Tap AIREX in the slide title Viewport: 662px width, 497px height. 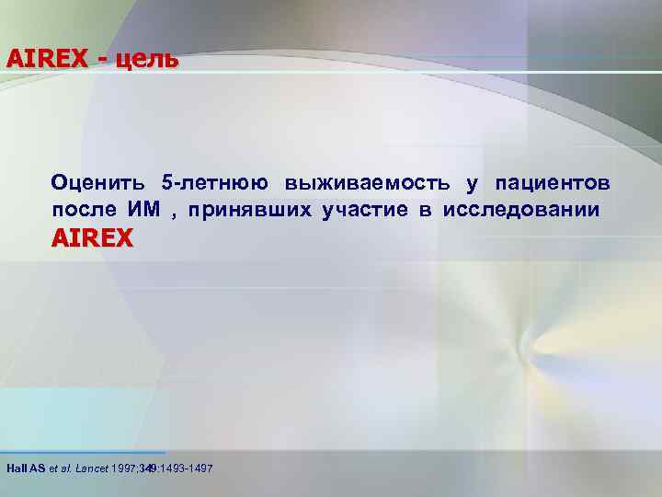[x=47, y=58]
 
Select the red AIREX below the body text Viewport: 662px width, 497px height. [x=93, y=239]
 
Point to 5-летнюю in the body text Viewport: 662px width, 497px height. [x=214, y=182]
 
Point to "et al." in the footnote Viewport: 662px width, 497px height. [x=59, y=469]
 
